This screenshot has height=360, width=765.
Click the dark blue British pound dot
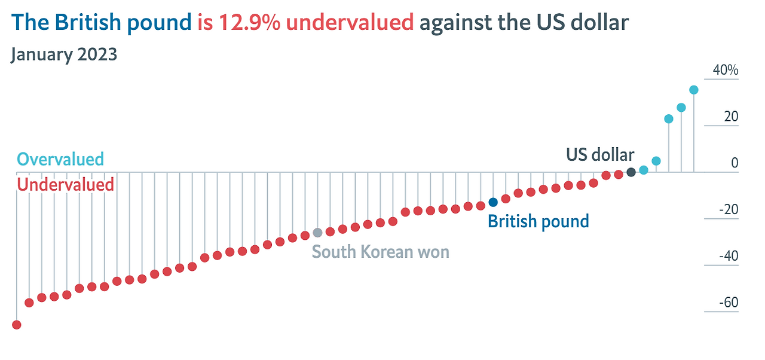(493, 202)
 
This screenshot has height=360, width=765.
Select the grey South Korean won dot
(317, 232)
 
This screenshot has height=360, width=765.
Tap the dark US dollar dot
(631, 172)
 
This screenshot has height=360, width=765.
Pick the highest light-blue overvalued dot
(694, 90)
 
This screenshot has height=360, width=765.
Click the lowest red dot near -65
(17, 325)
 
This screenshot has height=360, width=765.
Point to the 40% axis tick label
(726, 70)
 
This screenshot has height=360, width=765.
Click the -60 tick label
(728, 303)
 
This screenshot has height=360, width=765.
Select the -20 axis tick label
(728, 210)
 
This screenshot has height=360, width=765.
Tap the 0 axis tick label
(735, 163)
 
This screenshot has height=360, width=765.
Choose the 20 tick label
(731, 117)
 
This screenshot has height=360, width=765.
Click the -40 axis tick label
(728, 256)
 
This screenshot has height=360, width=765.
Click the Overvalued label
(60, 159)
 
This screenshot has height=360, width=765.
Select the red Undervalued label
(65, 184)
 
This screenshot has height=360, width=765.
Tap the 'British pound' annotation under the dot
(538, 221)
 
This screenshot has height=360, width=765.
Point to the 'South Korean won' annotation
(381, 252)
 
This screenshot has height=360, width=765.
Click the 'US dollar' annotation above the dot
(600, 155)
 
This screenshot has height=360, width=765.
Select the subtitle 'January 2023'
(64, 54)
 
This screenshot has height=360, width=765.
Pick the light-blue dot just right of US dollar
(644, 170)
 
